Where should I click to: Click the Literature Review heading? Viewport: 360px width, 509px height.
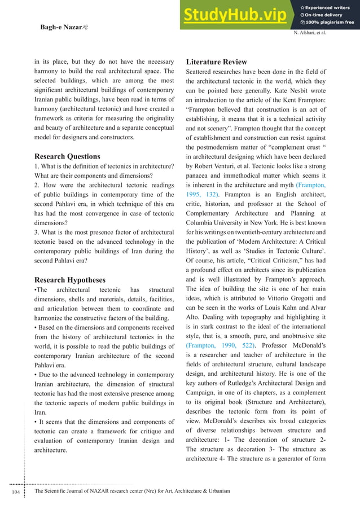tap(219, 62)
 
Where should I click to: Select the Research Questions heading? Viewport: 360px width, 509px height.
tap(68, 156)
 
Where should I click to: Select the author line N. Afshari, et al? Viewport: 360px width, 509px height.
tap(310, 33)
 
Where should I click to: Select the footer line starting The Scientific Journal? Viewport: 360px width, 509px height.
tap(133, 492)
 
